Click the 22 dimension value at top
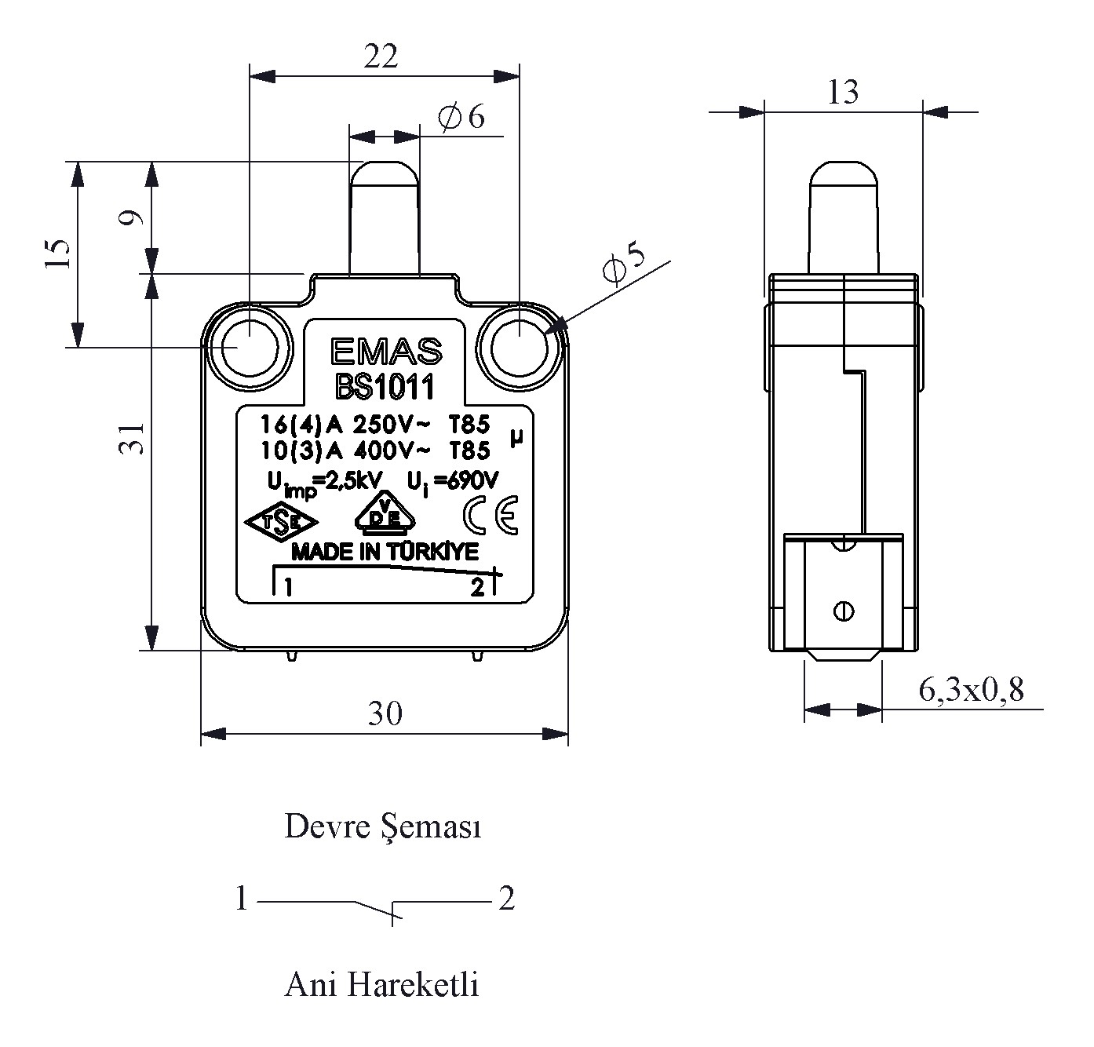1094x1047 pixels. [x=381, y=56]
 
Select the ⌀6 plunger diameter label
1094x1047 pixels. [x=463, y=118]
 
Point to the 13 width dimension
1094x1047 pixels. [x=843, y=93]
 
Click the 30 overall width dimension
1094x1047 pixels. [x=385, y=713]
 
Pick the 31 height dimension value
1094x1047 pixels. [x=135, y=437]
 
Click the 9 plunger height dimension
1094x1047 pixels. [x=135, y=217]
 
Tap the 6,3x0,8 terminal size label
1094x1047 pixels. [x=971, y=690]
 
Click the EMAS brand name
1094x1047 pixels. [x=385, y=353]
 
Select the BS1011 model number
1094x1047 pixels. [x=385, y=386]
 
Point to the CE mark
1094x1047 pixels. [x=490, y=516]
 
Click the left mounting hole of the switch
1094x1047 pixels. [x=249, y=346]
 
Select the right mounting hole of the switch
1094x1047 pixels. [x=519, y=346]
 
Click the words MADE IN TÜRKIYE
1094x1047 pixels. [x=385, y=553]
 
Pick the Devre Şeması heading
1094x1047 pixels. [x=382, y=827]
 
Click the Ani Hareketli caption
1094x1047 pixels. [x=381, y=984]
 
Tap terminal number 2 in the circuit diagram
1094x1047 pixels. [x=506, y=899]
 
